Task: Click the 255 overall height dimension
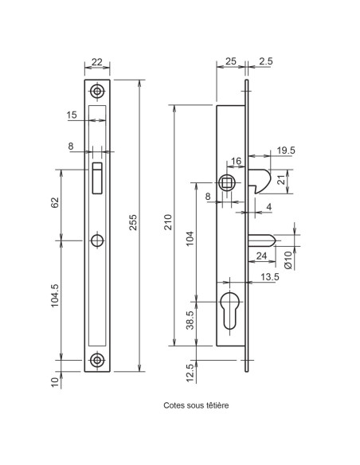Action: coord(133,222)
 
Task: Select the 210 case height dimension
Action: coord(168,222)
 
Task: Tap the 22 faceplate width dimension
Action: coord(97,62)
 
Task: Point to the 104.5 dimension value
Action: coord(55,295)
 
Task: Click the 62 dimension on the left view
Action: coord(55,202)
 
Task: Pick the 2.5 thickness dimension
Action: coord(266,61)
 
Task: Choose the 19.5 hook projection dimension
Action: coord(286,150)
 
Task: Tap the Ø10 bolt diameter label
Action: coord(288,260)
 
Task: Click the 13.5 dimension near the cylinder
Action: coord(269,276)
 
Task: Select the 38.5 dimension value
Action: coord(190,320)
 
